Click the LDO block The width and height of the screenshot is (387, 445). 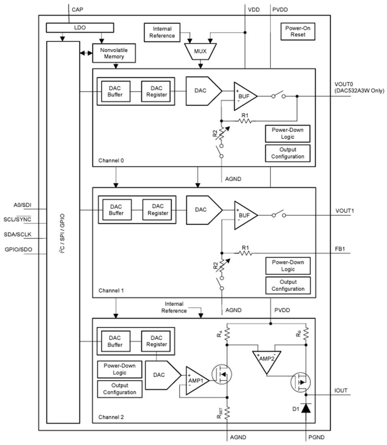click(80, 28)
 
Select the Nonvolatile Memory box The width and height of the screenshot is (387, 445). click(114, 53)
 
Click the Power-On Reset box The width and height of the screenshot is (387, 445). click(298, 32)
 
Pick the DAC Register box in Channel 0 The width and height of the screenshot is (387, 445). click(156, 92)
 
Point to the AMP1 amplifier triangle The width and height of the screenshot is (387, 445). click(196, 381)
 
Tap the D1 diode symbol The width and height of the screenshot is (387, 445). click(306, 409)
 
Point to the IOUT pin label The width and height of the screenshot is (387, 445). click(341, 391)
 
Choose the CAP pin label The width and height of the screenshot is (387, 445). click(77, 8)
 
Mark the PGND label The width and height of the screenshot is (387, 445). click(316, 437)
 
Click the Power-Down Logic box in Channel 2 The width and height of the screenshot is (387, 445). click(119, 369)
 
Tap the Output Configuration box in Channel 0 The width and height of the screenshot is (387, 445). click(288, 153)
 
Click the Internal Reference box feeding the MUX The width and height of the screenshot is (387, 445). click(162, 32)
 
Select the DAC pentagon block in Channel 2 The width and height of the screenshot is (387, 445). click(161, 375)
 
